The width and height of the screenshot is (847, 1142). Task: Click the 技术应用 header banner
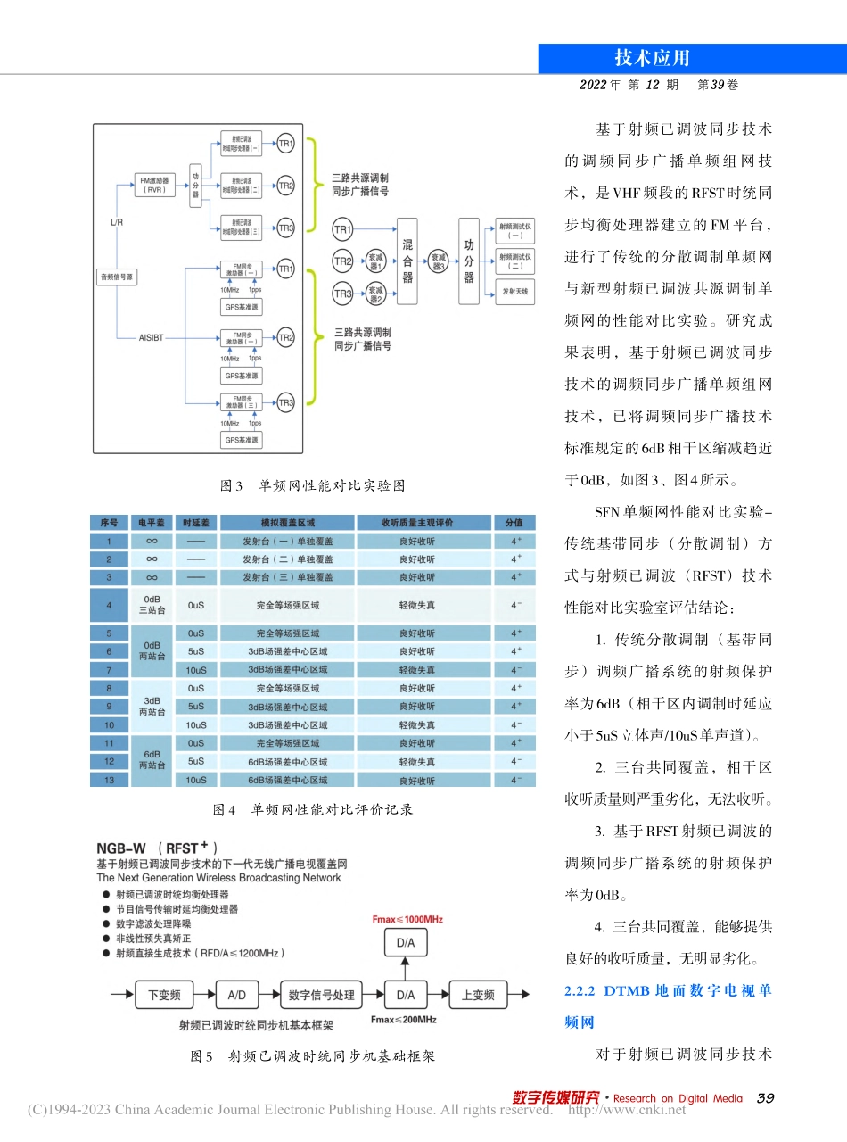coord(652,58)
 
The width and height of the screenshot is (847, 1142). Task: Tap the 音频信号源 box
coord(117,277)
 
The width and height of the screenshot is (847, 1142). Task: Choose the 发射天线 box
coord(514,291)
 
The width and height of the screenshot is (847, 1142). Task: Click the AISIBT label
coord(151,338)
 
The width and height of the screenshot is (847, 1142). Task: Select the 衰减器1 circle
coord(376,261)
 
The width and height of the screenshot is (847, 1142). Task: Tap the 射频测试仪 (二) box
coord(514,261)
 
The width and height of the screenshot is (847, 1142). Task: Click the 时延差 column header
coord(196,523)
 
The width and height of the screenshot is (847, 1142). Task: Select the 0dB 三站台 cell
coord(152,604)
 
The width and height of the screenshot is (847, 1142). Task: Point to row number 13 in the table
coord(110,780)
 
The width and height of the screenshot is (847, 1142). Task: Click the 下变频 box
coord(163,995)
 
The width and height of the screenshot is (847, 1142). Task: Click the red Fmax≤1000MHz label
coord(407,918)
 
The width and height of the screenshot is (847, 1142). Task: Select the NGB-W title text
coord(121,847)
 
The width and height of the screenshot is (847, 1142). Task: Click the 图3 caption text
coord(312,486)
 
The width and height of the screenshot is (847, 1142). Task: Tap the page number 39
coord(764,1098)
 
